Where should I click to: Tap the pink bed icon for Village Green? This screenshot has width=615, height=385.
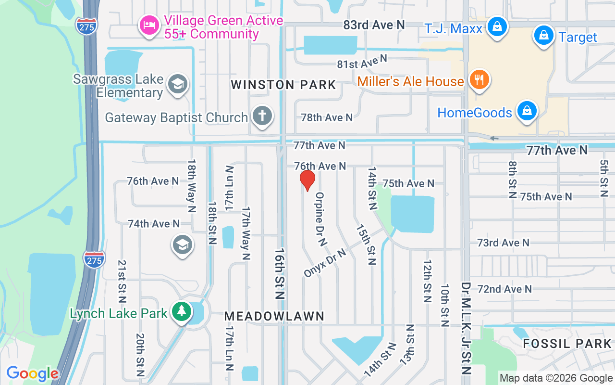149,26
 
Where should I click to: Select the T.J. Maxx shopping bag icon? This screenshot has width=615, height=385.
497,26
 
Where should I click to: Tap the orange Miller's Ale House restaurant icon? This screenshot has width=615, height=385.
478,80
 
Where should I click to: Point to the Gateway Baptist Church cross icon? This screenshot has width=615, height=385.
262,116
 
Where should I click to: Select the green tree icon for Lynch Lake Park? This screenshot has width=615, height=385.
182,312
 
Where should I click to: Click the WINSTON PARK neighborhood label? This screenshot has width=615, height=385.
283,85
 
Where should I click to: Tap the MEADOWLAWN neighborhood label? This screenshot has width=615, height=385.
274,316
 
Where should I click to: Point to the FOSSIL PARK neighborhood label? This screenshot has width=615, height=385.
567,344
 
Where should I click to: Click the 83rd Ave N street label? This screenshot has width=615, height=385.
374,25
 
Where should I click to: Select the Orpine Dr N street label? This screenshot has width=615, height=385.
320,219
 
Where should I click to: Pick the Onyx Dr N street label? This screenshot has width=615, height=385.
325,263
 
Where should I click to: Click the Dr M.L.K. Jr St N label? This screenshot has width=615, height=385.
466,328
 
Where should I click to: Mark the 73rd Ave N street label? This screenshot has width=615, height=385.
503,243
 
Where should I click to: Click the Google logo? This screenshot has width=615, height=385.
32,373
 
